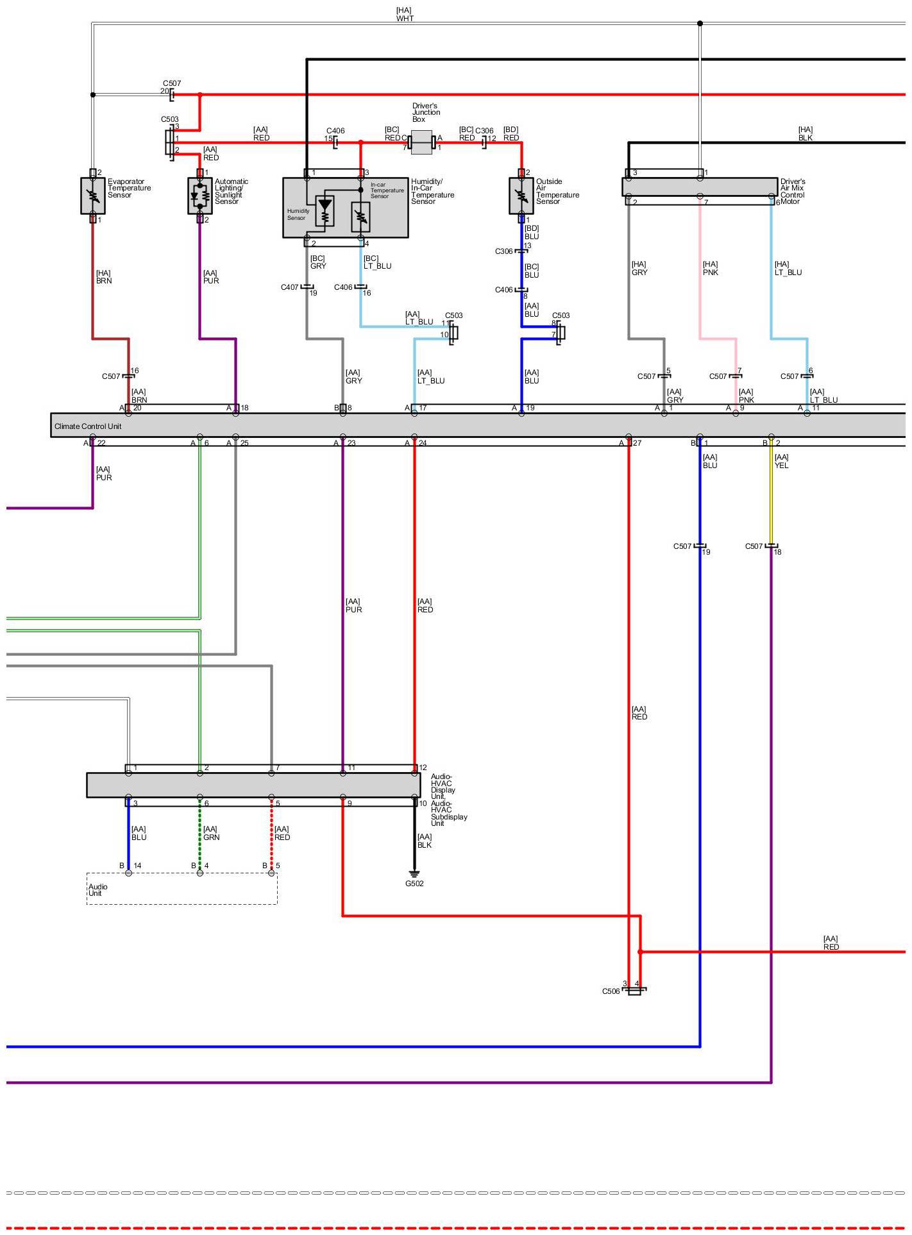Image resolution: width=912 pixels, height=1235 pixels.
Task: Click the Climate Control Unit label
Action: coord(88,426)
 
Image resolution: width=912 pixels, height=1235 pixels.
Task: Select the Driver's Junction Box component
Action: coord(421,142)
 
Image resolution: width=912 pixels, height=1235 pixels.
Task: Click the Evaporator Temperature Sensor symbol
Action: coord(93,196)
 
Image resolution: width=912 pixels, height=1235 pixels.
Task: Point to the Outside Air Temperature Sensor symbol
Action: coord(521,196)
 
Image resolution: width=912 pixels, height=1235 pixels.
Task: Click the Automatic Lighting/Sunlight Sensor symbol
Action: coord(200,196)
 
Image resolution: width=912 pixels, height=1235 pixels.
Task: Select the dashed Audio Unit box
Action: coord(182,888)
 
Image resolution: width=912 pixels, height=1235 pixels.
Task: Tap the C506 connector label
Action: coord(611,991)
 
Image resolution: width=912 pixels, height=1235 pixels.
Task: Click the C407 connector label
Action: coord(289,287)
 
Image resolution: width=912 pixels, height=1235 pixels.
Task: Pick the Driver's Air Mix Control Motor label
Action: coord(793,192)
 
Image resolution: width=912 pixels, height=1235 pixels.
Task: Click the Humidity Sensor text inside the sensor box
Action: coord(298,214)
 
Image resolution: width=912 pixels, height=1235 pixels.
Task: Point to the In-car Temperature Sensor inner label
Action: coord(387,190)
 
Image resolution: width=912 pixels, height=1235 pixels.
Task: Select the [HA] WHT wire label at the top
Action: coord(405,15)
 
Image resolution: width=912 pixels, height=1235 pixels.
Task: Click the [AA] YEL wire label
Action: coord(781,462)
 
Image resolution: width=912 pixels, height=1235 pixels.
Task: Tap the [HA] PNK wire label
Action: coord(710,268)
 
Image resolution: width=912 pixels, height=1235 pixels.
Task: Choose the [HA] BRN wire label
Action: coord(103,277)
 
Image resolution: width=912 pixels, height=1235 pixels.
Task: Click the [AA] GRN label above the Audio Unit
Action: coord(211,833)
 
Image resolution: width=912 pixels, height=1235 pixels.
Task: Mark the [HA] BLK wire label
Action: coord(806,133)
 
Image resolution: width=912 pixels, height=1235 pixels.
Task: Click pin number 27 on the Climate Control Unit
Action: coord(637,443)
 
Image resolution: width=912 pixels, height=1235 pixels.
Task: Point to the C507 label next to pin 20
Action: coord(172,83)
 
